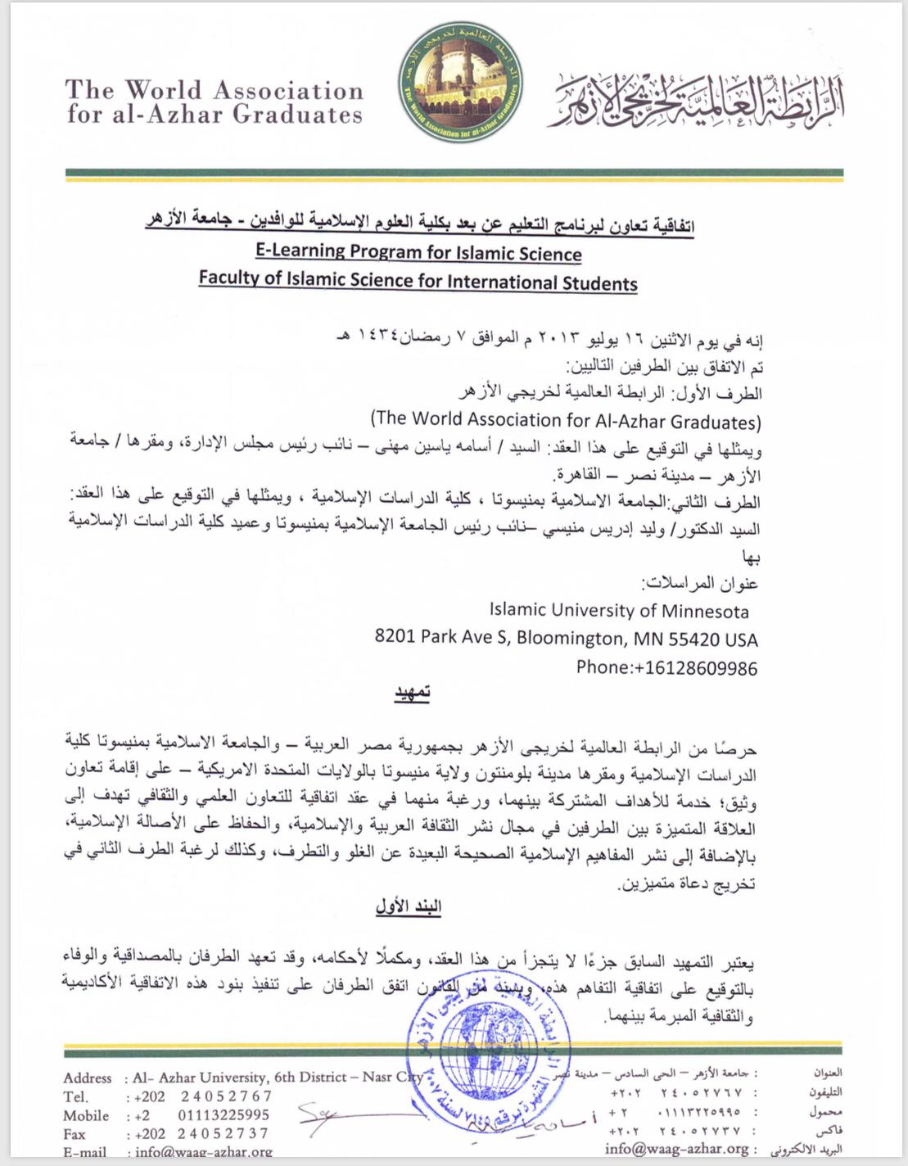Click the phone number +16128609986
666,667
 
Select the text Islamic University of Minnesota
618,611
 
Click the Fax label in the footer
76,1133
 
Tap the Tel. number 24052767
227,1096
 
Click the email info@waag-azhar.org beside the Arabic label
676,1149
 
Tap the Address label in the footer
88,1078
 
